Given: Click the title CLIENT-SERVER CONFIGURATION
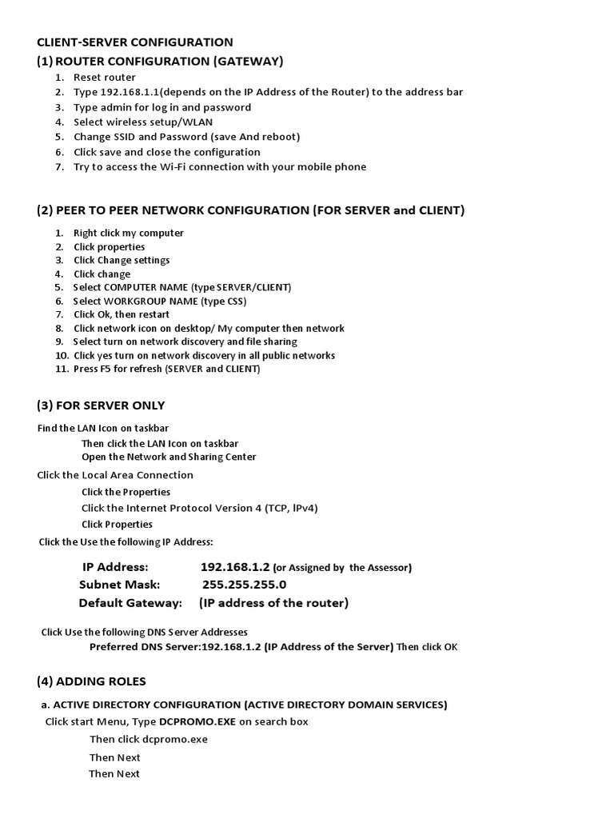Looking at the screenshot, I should (x=135, y=42).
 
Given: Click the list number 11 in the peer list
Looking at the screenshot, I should (x=62, y=370).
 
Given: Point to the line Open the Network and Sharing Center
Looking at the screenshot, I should (x=169, y=457).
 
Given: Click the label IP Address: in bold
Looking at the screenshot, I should (x=115, y=567).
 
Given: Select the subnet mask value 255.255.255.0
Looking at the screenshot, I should (x=244, y=585).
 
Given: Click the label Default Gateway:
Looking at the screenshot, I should (x=130, y=603).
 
